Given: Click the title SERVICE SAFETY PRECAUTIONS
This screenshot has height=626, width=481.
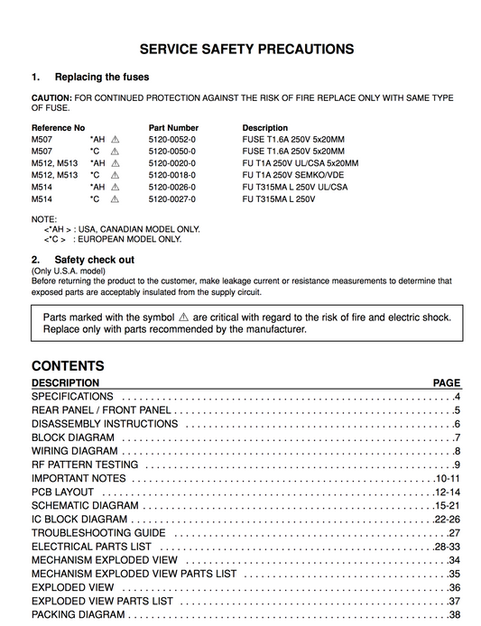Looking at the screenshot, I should [245, 50].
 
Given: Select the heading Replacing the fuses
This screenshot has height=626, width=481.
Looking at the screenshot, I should [102, 78].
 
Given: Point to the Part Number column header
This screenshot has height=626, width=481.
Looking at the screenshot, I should [173, 128].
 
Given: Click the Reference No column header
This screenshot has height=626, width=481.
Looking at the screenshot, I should [58, 128].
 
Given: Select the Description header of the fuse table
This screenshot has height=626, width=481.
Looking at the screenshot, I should [265, 128].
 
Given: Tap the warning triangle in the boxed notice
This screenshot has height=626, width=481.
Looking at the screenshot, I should [183, 318].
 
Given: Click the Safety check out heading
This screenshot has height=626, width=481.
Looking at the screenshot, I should [95, 259].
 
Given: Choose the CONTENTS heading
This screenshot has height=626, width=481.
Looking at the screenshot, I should [68, 366].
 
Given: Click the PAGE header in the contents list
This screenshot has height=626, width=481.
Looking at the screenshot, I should [446, 383].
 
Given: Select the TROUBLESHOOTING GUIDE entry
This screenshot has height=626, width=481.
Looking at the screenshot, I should [98, 533].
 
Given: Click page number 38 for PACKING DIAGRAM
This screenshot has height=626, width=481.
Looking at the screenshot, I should [454, 615].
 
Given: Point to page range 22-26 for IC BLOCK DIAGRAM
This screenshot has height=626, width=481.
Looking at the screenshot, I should [447, 520].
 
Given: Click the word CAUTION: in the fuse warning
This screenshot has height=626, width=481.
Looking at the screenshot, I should [51, 97].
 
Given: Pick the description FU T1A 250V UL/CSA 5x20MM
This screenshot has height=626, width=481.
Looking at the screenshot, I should [300, 163].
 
